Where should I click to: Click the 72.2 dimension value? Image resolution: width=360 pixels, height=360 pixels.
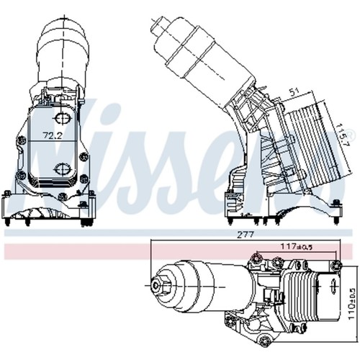point(53,135)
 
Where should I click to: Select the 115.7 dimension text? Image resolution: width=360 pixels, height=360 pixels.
point(343,135)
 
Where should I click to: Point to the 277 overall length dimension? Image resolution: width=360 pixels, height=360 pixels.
point(246,235)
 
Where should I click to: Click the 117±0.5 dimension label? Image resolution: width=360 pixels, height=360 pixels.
point(297,246)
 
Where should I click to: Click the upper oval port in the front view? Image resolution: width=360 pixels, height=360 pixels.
point(62,119)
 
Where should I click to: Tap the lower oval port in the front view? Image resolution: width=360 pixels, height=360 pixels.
point(62,168)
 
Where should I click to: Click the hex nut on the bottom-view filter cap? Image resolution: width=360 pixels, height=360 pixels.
point(157,285)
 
